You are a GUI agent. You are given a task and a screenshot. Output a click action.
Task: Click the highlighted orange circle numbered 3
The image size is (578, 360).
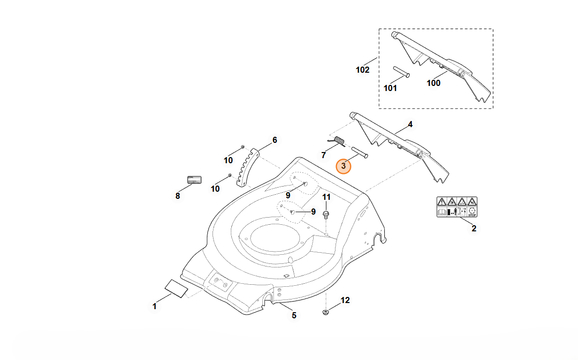point(343,166)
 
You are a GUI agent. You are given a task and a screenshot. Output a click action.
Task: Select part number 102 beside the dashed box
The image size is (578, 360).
point(362,70)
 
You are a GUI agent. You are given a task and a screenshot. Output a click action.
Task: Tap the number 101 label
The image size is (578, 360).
point(390,88)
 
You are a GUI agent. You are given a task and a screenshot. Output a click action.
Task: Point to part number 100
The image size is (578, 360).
point(433,83)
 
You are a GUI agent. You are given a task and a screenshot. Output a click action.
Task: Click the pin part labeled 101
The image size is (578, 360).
point(400,72)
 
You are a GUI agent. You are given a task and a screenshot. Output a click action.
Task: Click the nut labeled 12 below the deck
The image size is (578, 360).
point(325,311)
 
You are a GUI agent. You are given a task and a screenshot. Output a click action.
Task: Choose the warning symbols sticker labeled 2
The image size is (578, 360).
point(457,207)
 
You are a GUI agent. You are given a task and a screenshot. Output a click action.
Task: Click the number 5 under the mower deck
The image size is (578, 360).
point(294,315)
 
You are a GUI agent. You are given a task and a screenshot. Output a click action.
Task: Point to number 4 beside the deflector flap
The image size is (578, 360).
point(410,124)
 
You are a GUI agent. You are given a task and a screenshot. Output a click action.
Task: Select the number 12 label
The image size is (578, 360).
point(345,301)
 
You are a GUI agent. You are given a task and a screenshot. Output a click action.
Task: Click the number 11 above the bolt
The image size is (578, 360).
point(326,197)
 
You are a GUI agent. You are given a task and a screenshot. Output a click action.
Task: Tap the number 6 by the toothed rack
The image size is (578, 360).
point(275,140)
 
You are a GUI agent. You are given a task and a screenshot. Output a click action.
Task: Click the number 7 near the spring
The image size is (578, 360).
point(323,155)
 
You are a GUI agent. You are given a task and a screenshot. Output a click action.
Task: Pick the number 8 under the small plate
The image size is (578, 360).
point(177,196)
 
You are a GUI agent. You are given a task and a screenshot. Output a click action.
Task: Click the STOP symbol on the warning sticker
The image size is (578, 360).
point(472,212)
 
